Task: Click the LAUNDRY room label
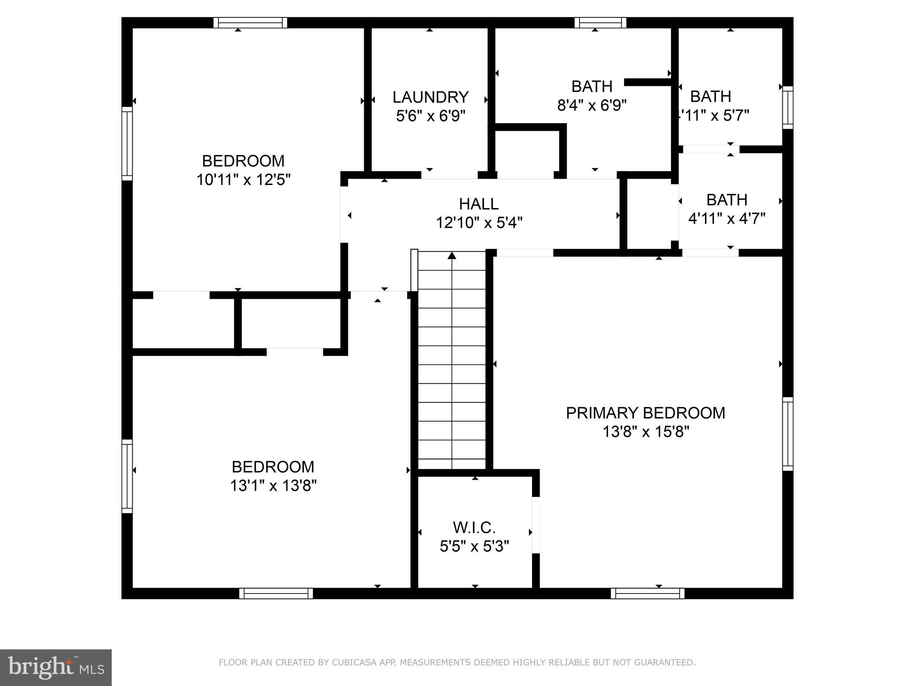pyautogui.click(x=430, y=97)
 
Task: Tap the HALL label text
pyautogui.click(x=478, y=204)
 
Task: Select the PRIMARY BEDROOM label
pyautogui.click(x=645, y=413)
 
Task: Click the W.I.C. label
pyautogui.click(x=474, y=527)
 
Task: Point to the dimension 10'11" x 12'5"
pyautogui.click(x=243, y=180)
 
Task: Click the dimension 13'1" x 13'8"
pyautogui.click(x=273, y=485)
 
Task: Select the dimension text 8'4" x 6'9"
pyautogui.click(x=592, y=105)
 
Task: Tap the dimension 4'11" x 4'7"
pyautogui.click(x=726, y=218)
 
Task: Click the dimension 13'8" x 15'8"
pyautogui.click(x=646, y=432)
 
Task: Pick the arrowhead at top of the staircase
pyautogui.click(x=452, y=255)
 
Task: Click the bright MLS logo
pyautogui.click(x=56, y=667)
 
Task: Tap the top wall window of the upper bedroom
pyautogui.click(x=250, y=23)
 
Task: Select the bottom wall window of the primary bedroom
pyautogui.click(x=647, y=593)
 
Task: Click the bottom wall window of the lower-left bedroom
pyautogui.click(x=276, y=593)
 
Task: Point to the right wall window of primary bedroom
pyautogui.click(x=788, y=434)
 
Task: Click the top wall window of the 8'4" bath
pyautogui.click(x=600, y=23)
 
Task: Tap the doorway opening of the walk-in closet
pyautogui.click(x=536, y=525)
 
